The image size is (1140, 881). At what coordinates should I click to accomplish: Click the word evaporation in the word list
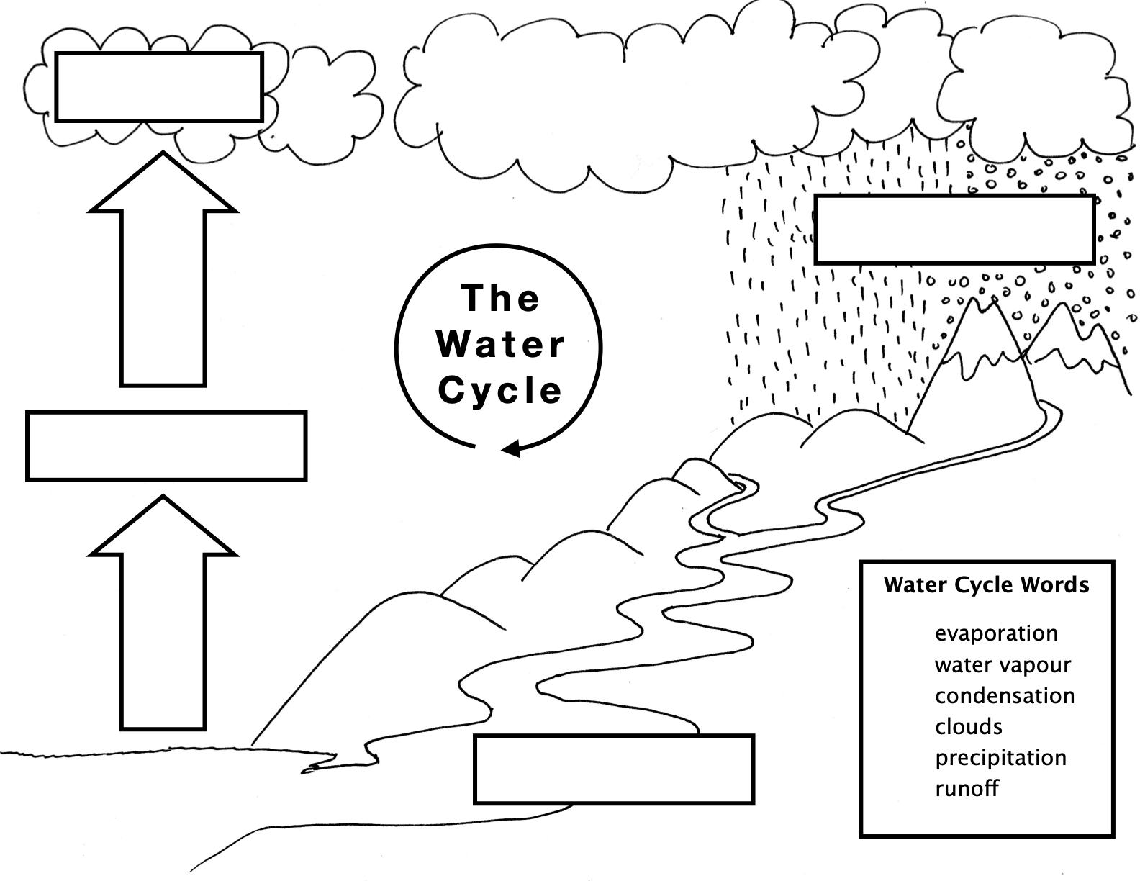point(995,633)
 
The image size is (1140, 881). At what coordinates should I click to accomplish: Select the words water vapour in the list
point(1002,665)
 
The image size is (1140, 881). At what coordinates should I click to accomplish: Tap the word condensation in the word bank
point(1004,696)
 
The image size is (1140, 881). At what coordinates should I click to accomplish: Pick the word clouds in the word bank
point(968,727)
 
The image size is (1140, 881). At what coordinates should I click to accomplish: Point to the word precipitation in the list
point(1000,758)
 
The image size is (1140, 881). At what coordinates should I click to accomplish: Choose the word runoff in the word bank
point(967,789)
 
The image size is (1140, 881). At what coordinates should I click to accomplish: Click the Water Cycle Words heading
point(986,584)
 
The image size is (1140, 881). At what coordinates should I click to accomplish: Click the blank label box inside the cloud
point(158,86)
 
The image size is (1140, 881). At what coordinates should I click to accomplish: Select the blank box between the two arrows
point(166,446)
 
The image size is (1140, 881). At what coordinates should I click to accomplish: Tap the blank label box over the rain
point(954,229)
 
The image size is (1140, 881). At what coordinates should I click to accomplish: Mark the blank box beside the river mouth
point(613,769)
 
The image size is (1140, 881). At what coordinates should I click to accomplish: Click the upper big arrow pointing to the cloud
point(163,274)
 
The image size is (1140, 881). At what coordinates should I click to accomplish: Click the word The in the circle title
point(499,298)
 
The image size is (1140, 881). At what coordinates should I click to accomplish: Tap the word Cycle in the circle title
point(499,390)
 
